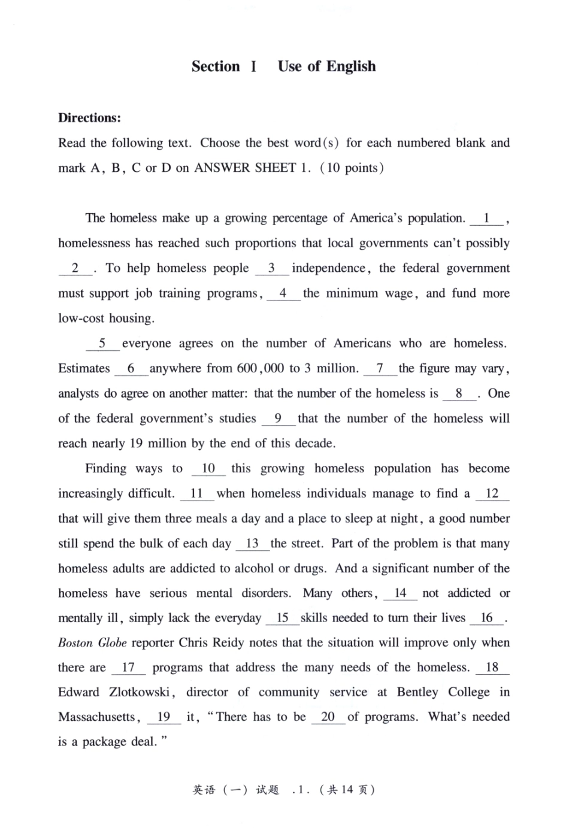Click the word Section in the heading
pos(216,66)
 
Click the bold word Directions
pos(89,118)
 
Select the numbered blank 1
pos(487,219)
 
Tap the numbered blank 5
pos(102,344)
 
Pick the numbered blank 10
pos(208,469)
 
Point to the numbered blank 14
pos(400,593)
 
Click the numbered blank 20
pos(328,717)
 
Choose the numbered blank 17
pos(128,668)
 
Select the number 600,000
pos(261,369)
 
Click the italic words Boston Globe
pos(92,643)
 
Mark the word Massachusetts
pos(98,717)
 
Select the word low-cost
pos(81,319)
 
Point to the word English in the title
pos(351,66)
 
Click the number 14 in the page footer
pos(347,790)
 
